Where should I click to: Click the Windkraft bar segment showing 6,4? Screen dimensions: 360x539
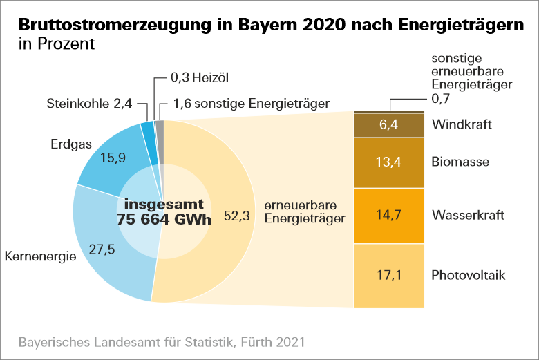tap(388, 125)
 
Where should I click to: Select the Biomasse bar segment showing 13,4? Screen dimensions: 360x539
tap(388, 162)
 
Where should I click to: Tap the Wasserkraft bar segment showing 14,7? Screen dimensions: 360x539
tap(388, 216)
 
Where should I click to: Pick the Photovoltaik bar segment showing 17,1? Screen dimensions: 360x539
tap(388, 276)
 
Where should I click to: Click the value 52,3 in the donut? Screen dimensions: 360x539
tap(236, 216)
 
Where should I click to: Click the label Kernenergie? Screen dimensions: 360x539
tap(40, 257)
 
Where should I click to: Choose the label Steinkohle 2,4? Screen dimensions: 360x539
tap(88, 104)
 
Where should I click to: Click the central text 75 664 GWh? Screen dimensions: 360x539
tap(163, 220)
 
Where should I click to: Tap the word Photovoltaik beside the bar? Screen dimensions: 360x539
tap(469, 276)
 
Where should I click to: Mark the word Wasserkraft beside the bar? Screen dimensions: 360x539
tap(468, 216)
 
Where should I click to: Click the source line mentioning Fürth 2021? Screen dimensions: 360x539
tap(161, 342)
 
